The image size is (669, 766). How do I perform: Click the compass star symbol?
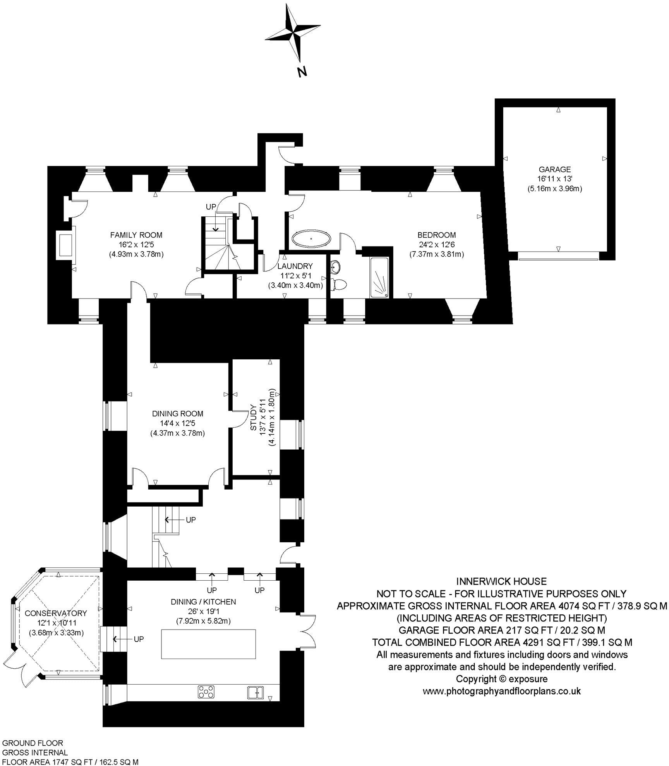click(x=293, y=33)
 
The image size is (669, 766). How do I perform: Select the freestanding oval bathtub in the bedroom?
click(x=311, y=239)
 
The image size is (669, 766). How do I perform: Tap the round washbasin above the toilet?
click(x=335, y=267)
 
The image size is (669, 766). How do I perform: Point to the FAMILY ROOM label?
click(x=136, y=235)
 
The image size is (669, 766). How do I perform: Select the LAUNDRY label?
click(x=295, y=266)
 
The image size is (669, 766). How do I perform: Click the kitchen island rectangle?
click(x=208, y=644)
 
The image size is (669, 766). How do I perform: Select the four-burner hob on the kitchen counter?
click(x=206, y=692)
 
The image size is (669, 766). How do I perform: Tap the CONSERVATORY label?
click(x=56, y=613)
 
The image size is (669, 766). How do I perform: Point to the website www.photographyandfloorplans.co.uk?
click(x=501, y=691)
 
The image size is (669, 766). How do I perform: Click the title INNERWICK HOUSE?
click(x=501, y=581)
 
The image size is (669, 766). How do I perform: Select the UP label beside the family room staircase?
click(x=211, y=207)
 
